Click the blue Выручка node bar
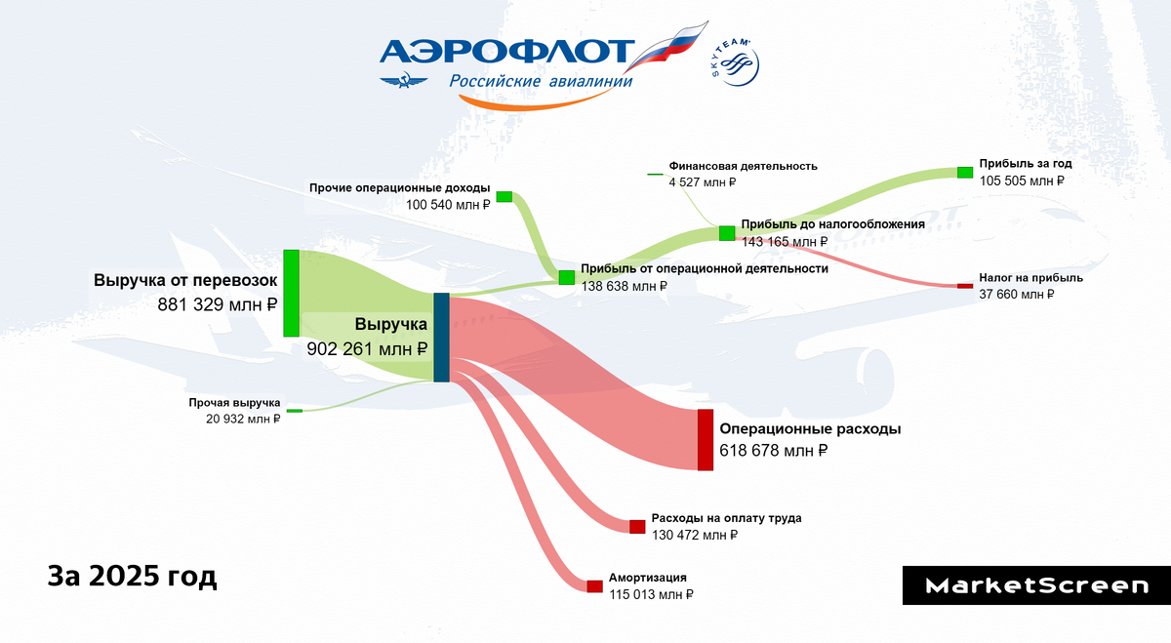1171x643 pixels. pyautogui.click(x=441, y=337)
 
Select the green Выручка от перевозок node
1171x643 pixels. pyautogui.click(x=291, y=293)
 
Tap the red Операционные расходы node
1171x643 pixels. pyautogui.click(x=706, y=440)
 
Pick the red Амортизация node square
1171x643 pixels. pyautogui.click(x=594, y=586)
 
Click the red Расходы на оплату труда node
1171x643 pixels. pyautogui.click(x=637, y=527)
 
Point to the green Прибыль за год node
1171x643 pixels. pyautogui.click(x=965, y=173)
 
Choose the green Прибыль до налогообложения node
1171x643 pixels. pyautogui.click(x=727, y=233)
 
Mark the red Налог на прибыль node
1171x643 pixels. pyautogui.click(x=964, y=286)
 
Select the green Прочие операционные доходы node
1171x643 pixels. pyautogui.click(x=505, y=197)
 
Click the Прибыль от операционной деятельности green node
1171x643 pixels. pyautogui.click(x=567, y=277)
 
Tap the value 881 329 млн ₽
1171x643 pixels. pyautogui.click(x=218, y=303)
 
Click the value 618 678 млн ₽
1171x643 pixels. pyautogui.click(x=774, y=451)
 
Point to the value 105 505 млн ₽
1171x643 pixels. pyautogui.click(x=1022, y=181)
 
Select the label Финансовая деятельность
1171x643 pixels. pyautogui.click(x=744, y=166)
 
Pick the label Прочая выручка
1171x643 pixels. pyautogui.click(x=235, y=403)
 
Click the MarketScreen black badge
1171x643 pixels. pyautogui.click(x=1036, y=585)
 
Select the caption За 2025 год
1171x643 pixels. pyautogui.click(x=133, y=576)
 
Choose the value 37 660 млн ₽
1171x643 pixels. pyautogui.click(x=1017, y=294)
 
